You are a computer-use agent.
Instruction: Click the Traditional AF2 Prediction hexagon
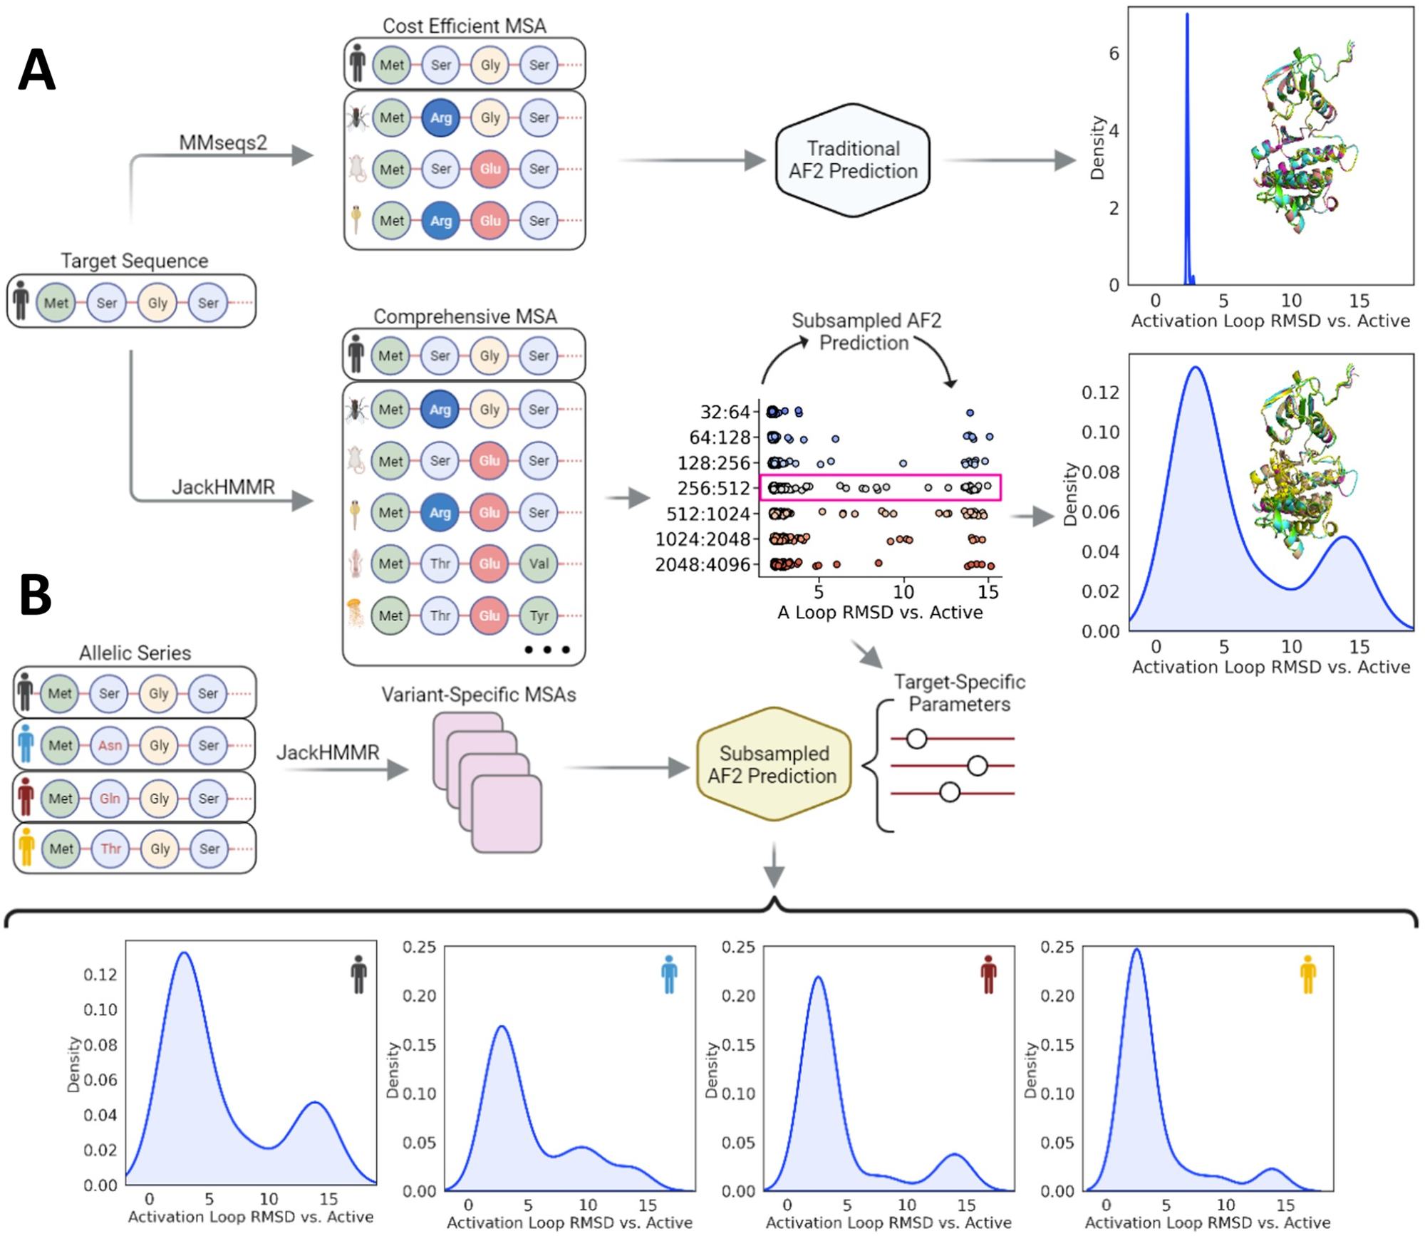pos(853,160)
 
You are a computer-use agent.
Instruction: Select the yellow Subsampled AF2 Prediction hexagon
pos(773,764)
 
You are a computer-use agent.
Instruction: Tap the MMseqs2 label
pos(223,142)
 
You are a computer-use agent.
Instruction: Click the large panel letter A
pos(36,70)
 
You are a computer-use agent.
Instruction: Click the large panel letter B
pos(36,595)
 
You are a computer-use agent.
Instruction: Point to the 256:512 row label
pos(714,489)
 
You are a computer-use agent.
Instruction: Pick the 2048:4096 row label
pos(703,565)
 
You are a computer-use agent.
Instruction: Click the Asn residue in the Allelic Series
pos(110,745)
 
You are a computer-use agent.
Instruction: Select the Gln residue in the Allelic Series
pos(110,798)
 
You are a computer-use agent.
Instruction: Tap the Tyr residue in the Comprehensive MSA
pos(539,615)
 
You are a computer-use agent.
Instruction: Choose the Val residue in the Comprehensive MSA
pos(539,564)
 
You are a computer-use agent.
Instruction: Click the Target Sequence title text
pos(134,261)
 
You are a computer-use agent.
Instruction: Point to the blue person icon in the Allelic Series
pos(26,744)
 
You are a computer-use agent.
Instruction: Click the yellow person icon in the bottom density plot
pos(1307,975)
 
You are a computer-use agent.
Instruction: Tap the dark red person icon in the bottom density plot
pos(988,975)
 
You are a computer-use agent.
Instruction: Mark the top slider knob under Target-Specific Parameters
pos(916,739)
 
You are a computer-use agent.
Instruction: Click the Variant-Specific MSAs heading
pos(478,695)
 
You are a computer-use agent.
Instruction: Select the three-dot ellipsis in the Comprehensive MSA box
pos(547,650)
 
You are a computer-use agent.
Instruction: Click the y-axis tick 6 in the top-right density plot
pos(1114,53)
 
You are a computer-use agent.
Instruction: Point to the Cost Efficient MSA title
pos(464,26)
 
